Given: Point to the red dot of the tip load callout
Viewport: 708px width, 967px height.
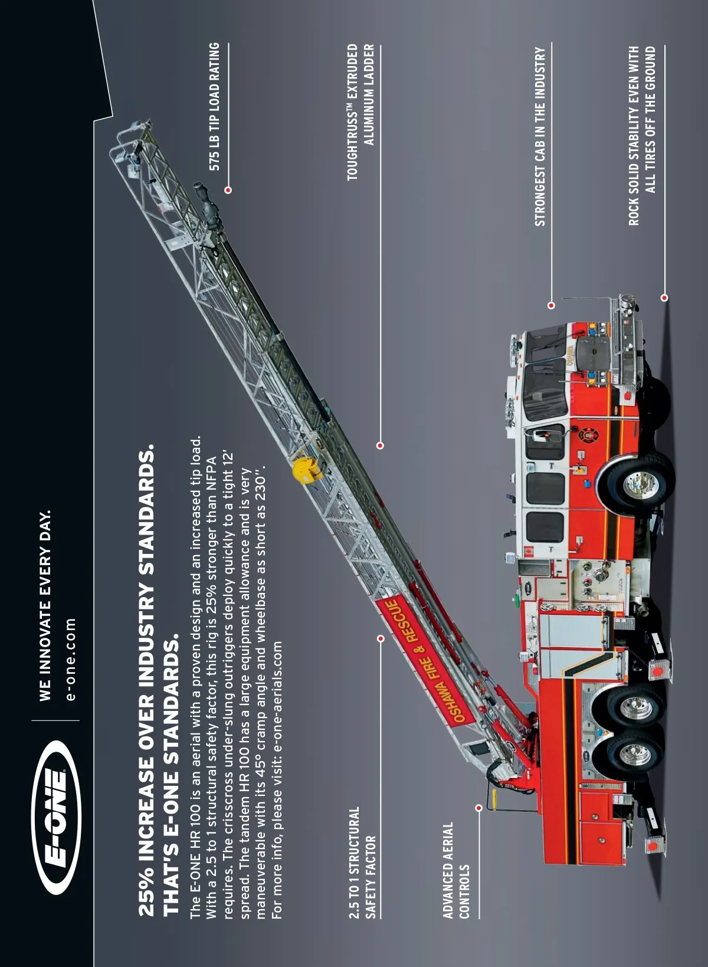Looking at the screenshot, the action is (228, 189).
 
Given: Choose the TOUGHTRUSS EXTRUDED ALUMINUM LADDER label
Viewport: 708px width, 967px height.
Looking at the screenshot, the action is (360, 112).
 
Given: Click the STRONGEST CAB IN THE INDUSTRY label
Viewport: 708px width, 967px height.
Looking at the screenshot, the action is (540, 136).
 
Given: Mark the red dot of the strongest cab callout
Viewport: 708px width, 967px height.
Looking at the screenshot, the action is (551, 305).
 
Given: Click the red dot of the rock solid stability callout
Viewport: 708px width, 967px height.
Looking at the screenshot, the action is (664, 297).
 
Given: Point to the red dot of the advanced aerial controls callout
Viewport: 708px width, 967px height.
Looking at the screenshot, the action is (478, 807).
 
